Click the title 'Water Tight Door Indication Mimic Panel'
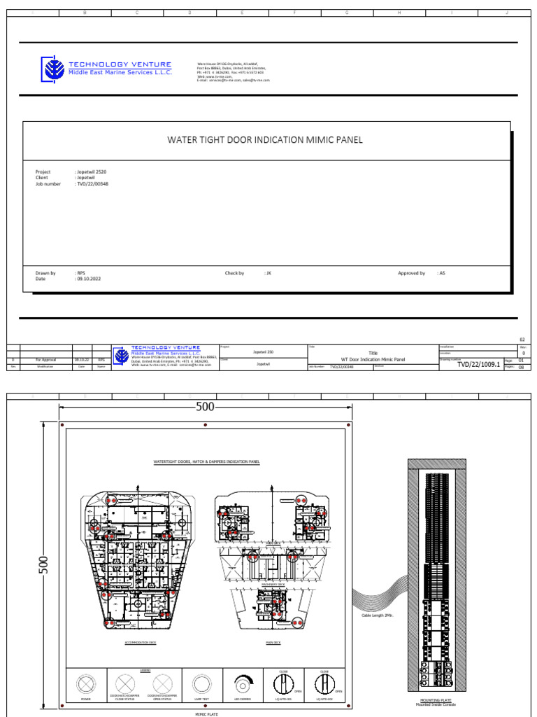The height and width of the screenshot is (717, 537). pos(265,140)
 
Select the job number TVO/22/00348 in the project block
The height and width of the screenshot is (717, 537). pos(92,184)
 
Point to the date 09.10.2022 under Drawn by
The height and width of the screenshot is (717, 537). pos(89,279)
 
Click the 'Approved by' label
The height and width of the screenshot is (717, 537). pos(411,273)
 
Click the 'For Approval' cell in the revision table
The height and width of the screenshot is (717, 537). pos(50,359)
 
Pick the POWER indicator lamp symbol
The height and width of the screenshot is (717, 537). pos(86,682)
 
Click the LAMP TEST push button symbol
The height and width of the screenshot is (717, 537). pos(201,682)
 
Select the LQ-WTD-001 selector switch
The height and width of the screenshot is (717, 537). pos(283,682)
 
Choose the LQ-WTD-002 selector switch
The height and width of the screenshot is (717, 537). pos(324,682)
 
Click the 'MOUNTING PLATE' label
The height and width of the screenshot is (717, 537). pos(434,699)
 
